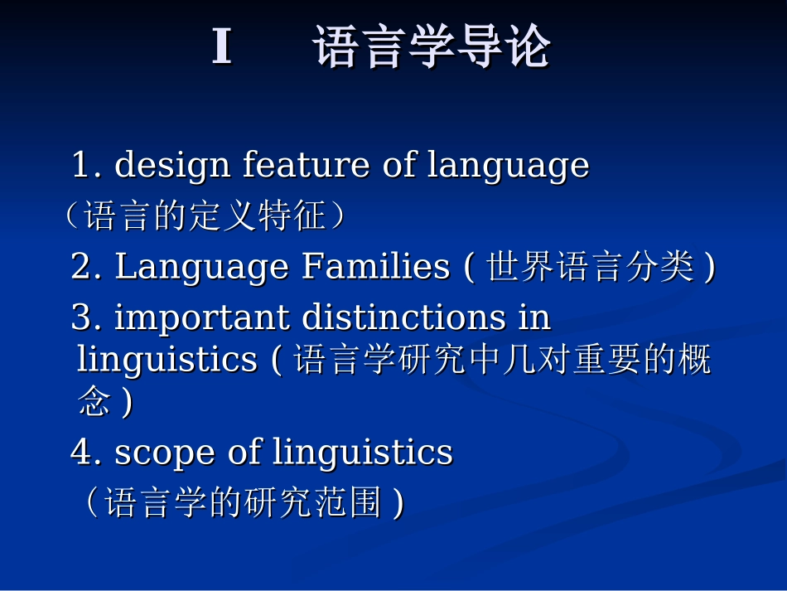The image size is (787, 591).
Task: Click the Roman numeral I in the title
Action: click(221, 47)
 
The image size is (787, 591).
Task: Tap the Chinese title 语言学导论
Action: click(432, 47)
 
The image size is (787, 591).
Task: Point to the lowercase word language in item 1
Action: click(508, 165)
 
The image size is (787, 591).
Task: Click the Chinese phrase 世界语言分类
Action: click(591, 268)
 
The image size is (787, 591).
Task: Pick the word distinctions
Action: click(403, 317)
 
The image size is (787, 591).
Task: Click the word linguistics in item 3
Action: click(167, 360)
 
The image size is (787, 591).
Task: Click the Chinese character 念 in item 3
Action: click(94, 403)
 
